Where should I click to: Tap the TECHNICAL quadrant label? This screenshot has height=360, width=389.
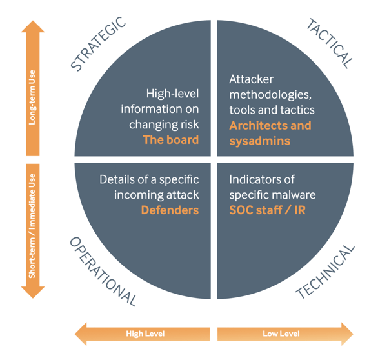(325, 271)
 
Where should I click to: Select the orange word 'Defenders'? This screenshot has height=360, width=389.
(170, 210)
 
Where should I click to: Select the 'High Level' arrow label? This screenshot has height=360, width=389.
(145, 334)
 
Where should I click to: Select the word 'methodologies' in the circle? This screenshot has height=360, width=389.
(262, 94)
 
